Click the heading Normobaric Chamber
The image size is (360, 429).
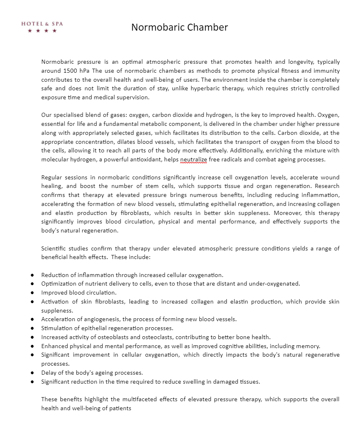(x=179, y=27)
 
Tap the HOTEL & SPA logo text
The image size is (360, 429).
(x=42, y=24)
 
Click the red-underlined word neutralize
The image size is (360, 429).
(x=194, y=160)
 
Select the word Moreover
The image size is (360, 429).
(x=287, y=213)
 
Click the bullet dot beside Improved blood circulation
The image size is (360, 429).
(x=32, y=293)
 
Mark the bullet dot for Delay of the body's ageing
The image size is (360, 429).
(x=32, y=373)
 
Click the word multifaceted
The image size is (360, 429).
(x=158, y=399)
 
